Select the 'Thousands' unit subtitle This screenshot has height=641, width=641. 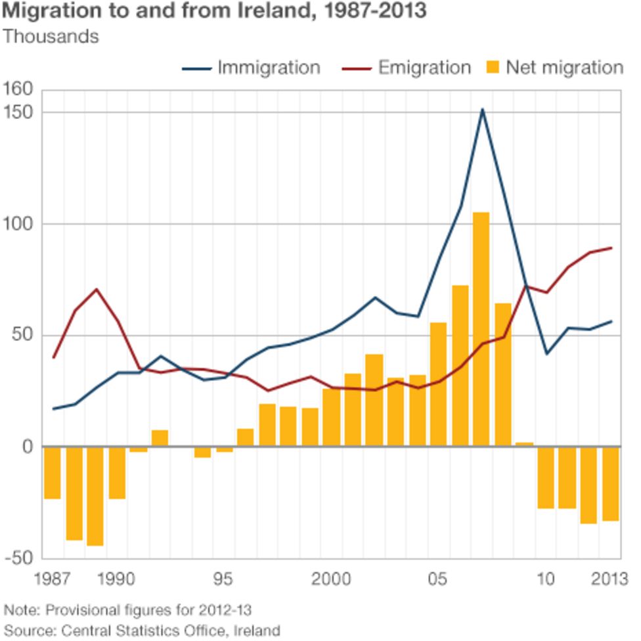click(x=51, y=36)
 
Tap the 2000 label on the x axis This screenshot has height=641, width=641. click(x=331, y=579)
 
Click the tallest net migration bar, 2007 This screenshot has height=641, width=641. click(x=481, y=329)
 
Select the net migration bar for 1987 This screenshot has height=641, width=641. click(x=53, y=473)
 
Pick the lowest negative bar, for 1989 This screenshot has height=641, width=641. click(x=95, y=496)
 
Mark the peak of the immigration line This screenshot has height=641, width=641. click(x=482, y=109)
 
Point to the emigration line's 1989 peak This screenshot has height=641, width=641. click(x=96, y=289)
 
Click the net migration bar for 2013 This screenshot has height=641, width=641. click(x=611, y=483)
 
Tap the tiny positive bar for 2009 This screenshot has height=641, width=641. click(x=525, y=445)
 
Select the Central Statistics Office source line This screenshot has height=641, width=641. click(x=142, y=630)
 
